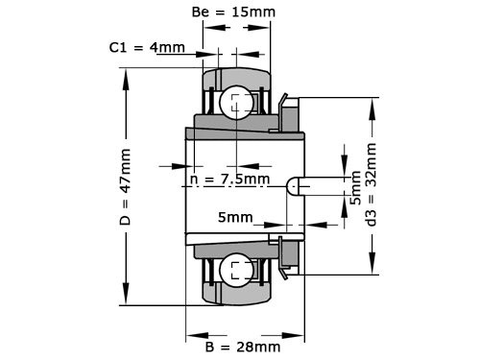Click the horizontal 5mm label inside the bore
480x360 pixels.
(235, 218)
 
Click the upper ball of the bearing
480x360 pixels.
(236, 102)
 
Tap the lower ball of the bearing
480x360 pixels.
(236, 270)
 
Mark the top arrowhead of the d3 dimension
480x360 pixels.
(370, 103)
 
